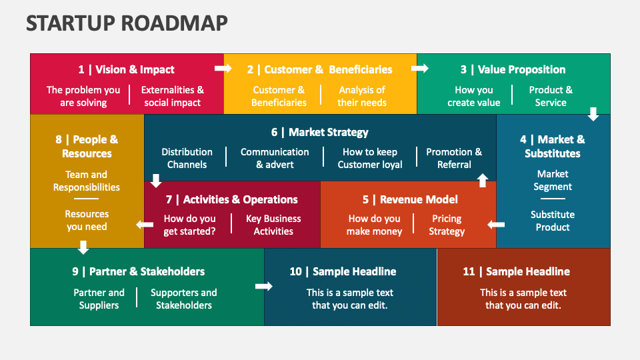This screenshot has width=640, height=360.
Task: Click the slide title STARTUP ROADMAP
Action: tap(127, 23)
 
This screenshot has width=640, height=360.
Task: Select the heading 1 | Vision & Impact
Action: tap(126, 69)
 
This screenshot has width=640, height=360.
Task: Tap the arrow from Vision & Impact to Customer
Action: tap(223, 68)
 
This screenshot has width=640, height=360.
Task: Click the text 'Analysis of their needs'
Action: tap(361, 96)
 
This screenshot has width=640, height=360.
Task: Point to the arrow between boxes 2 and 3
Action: tap(421, 68)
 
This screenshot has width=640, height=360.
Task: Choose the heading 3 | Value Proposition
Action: tap(513, 69)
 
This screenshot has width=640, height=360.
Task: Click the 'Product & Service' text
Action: tap(551, 96)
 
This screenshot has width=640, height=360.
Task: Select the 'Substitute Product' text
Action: tap(553, 221)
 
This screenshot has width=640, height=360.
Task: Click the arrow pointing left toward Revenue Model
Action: tap(496, 225)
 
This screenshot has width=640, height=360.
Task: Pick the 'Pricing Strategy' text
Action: tap(447, 225)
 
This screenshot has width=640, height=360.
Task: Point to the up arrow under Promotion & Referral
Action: tap(483, 179)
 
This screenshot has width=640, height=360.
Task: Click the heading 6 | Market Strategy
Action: tap(320, 132)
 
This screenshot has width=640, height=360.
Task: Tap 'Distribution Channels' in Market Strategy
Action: tap(187, 158)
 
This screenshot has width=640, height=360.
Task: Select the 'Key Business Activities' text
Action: tap(273, 225)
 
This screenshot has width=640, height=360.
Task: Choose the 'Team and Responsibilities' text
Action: tap(87, 181)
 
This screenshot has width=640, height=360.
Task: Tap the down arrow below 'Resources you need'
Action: tap(83, 247)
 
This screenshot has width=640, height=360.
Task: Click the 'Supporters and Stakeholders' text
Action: tap(184, 299)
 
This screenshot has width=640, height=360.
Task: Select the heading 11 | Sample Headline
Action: tap(517, 271)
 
